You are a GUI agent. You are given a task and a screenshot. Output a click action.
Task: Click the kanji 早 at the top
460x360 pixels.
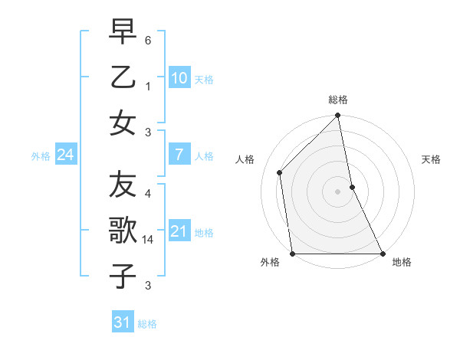[x=123, y=32]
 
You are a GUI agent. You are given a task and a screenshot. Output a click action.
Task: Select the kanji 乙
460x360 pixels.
[x=123, y=77]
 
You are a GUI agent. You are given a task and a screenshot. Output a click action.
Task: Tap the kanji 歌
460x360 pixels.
[x=123, y=230]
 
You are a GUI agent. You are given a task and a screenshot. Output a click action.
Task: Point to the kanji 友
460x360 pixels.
[x=123, y=185]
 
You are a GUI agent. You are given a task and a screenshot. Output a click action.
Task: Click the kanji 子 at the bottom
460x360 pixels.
[x=123, y=275]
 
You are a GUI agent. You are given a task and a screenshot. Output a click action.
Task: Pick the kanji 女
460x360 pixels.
[x=123, y=123]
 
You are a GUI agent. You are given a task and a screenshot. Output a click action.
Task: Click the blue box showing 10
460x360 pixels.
[x=179, y=77]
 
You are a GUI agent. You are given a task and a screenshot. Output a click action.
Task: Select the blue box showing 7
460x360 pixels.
[x=179, y=155]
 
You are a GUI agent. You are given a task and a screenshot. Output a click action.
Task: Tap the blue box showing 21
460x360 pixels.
[x=179, y=231]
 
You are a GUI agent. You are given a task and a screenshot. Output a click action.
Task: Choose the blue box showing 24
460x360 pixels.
[x=65, y=155]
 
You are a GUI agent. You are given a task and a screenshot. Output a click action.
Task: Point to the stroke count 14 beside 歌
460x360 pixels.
[x=149, y=240]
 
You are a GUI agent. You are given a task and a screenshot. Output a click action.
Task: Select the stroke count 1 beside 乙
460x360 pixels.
[x=149, y=87]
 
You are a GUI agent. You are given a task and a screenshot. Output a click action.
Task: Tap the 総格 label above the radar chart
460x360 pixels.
[x=338, y=100]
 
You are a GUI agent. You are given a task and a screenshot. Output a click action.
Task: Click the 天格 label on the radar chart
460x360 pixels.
[x=431, y=159]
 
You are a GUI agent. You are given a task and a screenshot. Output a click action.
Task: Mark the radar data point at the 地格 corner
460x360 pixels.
[x=382, y=254]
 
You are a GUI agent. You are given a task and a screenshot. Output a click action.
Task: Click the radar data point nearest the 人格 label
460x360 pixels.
[x=280, y=172]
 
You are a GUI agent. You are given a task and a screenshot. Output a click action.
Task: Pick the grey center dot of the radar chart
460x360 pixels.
[x=338, y=191]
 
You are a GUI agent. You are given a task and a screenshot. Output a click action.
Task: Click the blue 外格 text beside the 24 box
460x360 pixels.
[x=41, y=155]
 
